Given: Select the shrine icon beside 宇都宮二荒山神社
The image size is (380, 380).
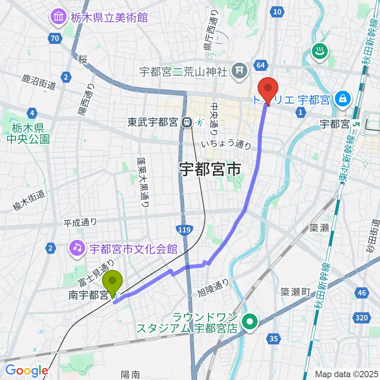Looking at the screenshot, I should [240, 72].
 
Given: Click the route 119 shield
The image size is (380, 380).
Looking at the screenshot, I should [185, 230].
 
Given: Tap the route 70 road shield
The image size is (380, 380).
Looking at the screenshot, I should [55, 38].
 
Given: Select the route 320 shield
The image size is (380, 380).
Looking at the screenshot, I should [361, 317].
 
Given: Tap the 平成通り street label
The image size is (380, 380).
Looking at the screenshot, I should [80, 223].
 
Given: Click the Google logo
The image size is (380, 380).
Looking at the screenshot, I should [27, 370].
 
